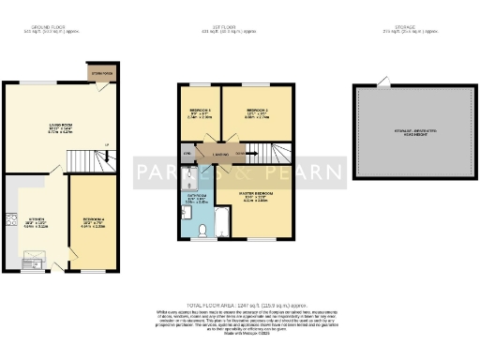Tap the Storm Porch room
pos(99,71)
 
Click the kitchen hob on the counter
pos(13,220)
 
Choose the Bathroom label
pos(196,198)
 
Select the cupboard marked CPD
pos(187,153)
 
